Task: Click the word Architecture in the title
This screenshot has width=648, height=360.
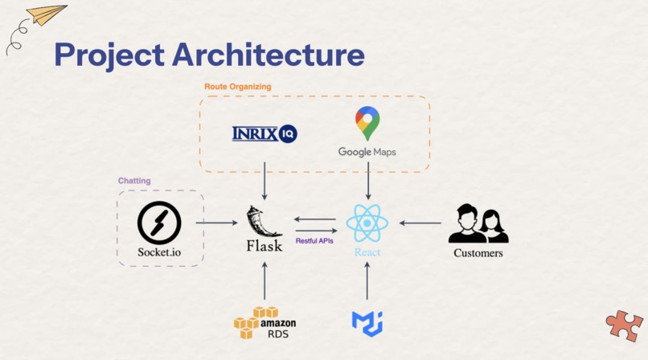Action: click(269, 55)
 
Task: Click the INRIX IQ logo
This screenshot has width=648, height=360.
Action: click(265, 133)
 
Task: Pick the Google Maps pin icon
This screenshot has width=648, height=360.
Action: click(367, 123)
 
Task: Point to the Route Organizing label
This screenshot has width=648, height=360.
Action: click(238, 87)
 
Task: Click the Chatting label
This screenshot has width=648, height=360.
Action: click(134, 181)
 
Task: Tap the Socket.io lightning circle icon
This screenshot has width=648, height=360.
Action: click(159, 223)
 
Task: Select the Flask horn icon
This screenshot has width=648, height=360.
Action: click(261, 221)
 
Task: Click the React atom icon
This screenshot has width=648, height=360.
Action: click(367, 223)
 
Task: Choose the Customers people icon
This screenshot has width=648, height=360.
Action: click(478, 223)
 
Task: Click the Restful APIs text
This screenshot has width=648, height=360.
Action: click(314, 241)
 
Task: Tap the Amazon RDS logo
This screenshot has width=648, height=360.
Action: click(265, 323)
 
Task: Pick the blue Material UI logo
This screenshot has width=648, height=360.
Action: click(367, 324)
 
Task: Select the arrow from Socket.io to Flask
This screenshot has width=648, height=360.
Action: click(216, 223)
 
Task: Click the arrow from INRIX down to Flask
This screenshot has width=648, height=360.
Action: click(265, 181)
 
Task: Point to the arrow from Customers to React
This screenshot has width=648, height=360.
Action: click(420, 223)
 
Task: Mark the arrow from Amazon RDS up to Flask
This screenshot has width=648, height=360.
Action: click(265, 280)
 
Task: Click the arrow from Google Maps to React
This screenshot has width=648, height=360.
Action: click(367, 181)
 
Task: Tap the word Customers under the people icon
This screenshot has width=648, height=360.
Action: click(478, 253)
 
